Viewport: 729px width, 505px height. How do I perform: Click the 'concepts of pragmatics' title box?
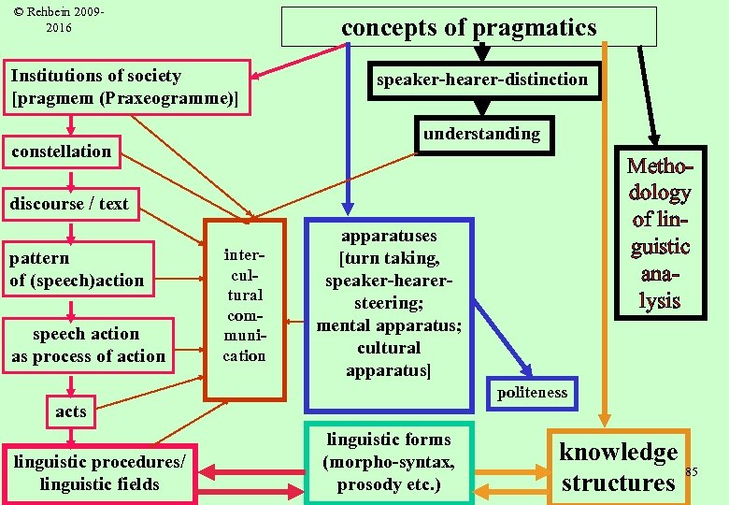468,27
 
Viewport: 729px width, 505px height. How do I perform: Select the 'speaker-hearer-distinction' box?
481,79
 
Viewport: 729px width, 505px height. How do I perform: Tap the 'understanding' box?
481,134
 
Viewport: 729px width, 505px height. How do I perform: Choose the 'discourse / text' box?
70,203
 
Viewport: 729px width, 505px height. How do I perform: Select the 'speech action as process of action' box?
88,345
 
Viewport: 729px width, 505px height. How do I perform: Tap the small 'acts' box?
71,411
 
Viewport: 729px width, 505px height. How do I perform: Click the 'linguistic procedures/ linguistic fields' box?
100,473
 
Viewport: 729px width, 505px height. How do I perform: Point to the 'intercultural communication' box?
244,309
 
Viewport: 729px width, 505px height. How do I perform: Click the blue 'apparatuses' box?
389,314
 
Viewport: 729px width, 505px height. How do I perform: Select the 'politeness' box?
532,393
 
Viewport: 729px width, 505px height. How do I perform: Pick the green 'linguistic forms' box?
389,462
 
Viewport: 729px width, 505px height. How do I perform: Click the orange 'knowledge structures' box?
618,467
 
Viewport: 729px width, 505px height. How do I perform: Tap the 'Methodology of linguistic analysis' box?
659,233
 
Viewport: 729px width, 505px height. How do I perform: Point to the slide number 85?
692,471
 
